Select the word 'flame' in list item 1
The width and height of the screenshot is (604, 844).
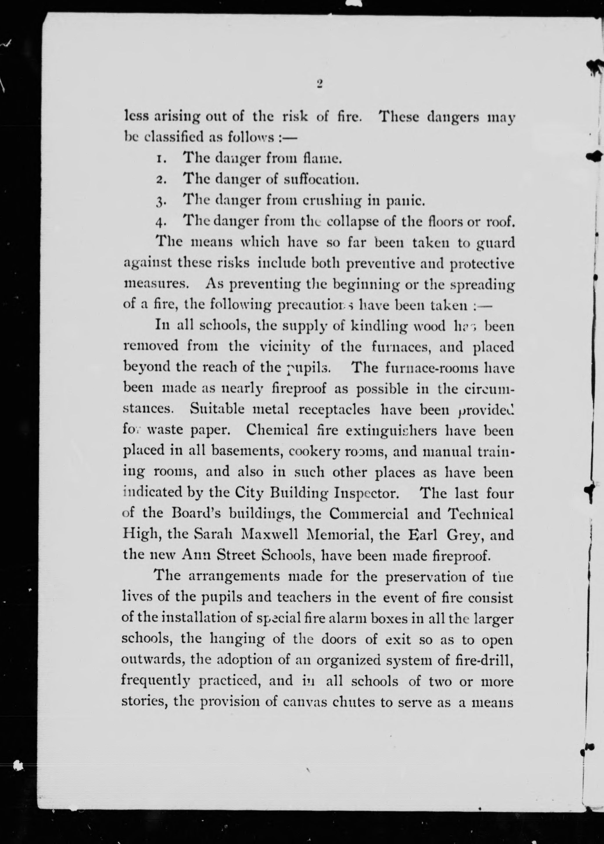pos(322,159)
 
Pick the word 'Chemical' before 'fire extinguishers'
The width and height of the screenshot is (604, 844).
pos(277,430)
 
